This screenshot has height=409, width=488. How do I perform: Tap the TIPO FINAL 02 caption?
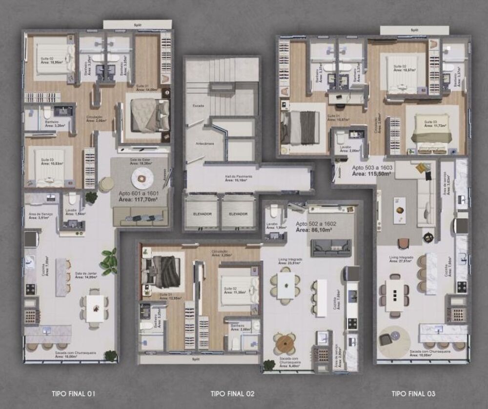232,393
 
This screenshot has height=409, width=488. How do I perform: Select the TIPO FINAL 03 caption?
413,393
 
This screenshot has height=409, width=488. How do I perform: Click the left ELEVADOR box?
202,214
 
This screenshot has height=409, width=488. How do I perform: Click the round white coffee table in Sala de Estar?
142,179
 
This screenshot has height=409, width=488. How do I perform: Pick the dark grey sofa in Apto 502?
331,248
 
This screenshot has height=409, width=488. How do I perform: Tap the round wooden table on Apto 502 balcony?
285,344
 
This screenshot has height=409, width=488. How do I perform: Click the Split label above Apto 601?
137,24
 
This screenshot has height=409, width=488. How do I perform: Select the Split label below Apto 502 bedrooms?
198,359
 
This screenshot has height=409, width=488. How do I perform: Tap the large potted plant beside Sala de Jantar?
109,262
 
